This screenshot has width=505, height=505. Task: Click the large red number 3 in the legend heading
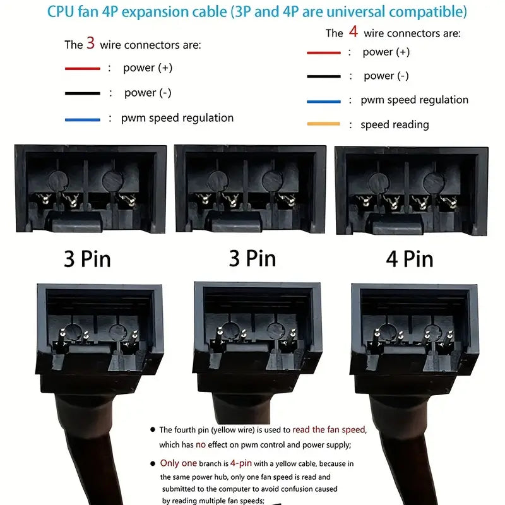click(90, 43)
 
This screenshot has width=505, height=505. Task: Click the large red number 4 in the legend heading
click(353, 32)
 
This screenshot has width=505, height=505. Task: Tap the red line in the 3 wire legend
click(83, 69)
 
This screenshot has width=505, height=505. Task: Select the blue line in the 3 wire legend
click(83, 120)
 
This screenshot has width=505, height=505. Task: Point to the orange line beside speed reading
click(323, 124)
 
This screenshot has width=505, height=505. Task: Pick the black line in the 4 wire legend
click(324, 76)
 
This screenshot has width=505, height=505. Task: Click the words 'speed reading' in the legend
click(395, 124)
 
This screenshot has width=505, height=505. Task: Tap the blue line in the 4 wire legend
click(324, 102)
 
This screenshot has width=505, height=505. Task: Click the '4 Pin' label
click(410, 259)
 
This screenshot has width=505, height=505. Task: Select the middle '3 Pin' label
click(252, 258)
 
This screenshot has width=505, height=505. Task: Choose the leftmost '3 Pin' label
click(87, 259)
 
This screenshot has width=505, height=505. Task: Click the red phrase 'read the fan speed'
click(329, 430)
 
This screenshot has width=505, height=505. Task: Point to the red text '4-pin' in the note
click(241, 463)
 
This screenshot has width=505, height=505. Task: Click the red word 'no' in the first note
click(200, 445)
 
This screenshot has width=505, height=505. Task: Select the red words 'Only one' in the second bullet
click(179, 463)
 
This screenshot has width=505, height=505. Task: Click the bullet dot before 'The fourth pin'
click(153, 429)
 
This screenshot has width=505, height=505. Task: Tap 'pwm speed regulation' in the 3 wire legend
click(177, 118)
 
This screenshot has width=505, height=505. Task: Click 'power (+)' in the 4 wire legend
click(386, 52)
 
